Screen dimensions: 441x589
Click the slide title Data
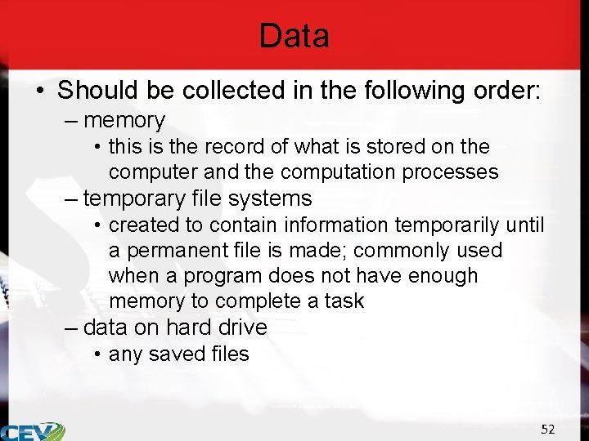(x=294, y=36)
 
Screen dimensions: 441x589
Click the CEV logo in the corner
(x=33, y=431)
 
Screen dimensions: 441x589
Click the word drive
(x=243, y=327)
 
